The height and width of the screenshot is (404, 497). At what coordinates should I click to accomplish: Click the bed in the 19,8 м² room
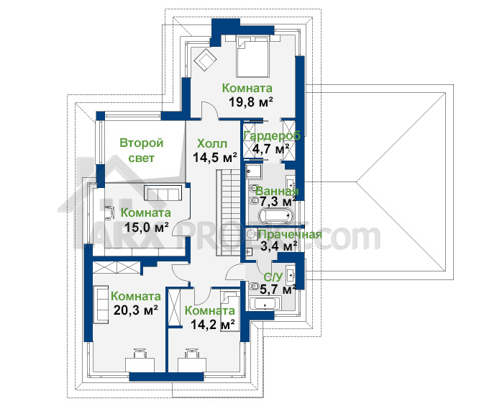(x=252, y=57)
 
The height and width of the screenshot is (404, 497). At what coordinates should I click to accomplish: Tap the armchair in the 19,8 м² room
(x=205, y=59)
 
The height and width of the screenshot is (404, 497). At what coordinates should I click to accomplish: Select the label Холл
(x=212, y=143)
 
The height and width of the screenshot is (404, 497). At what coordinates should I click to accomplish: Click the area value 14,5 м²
(x=215, y=157)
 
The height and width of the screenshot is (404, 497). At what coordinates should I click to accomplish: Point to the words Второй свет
(x=142, y=150)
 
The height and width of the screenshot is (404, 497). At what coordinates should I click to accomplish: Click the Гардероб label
(x=272, y=135)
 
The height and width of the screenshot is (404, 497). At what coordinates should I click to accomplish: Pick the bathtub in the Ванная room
(x=275, y=216)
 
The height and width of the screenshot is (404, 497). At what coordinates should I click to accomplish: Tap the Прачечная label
(x=291, y=235)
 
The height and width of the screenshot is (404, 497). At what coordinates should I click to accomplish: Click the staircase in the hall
(x=228, y=212)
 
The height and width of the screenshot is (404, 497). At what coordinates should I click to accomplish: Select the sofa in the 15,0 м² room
(x=163, y=192)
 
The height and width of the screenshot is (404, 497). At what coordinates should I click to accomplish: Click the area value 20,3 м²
(x=136, y=310)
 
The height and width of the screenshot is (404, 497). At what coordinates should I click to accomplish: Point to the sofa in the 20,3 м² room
(x=101, y=304)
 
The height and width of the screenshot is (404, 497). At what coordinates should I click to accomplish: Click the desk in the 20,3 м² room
(x=140, y=364)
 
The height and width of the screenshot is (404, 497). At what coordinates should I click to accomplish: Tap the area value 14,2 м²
(x=213, y=324)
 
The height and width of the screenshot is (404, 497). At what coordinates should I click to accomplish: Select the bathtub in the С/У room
(x=265, y=304)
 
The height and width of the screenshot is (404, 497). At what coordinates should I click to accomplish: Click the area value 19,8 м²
(x=251, y=102)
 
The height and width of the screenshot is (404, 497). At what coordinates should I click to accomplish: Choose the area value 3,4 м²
(x=278, y=246)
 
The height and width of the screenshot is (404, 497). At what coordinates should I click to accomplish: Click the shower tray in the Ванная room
(x=254, y=171)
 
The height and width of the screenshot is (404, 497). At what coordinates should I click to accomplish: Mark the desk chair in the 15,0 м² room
(x=109, y=212)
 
